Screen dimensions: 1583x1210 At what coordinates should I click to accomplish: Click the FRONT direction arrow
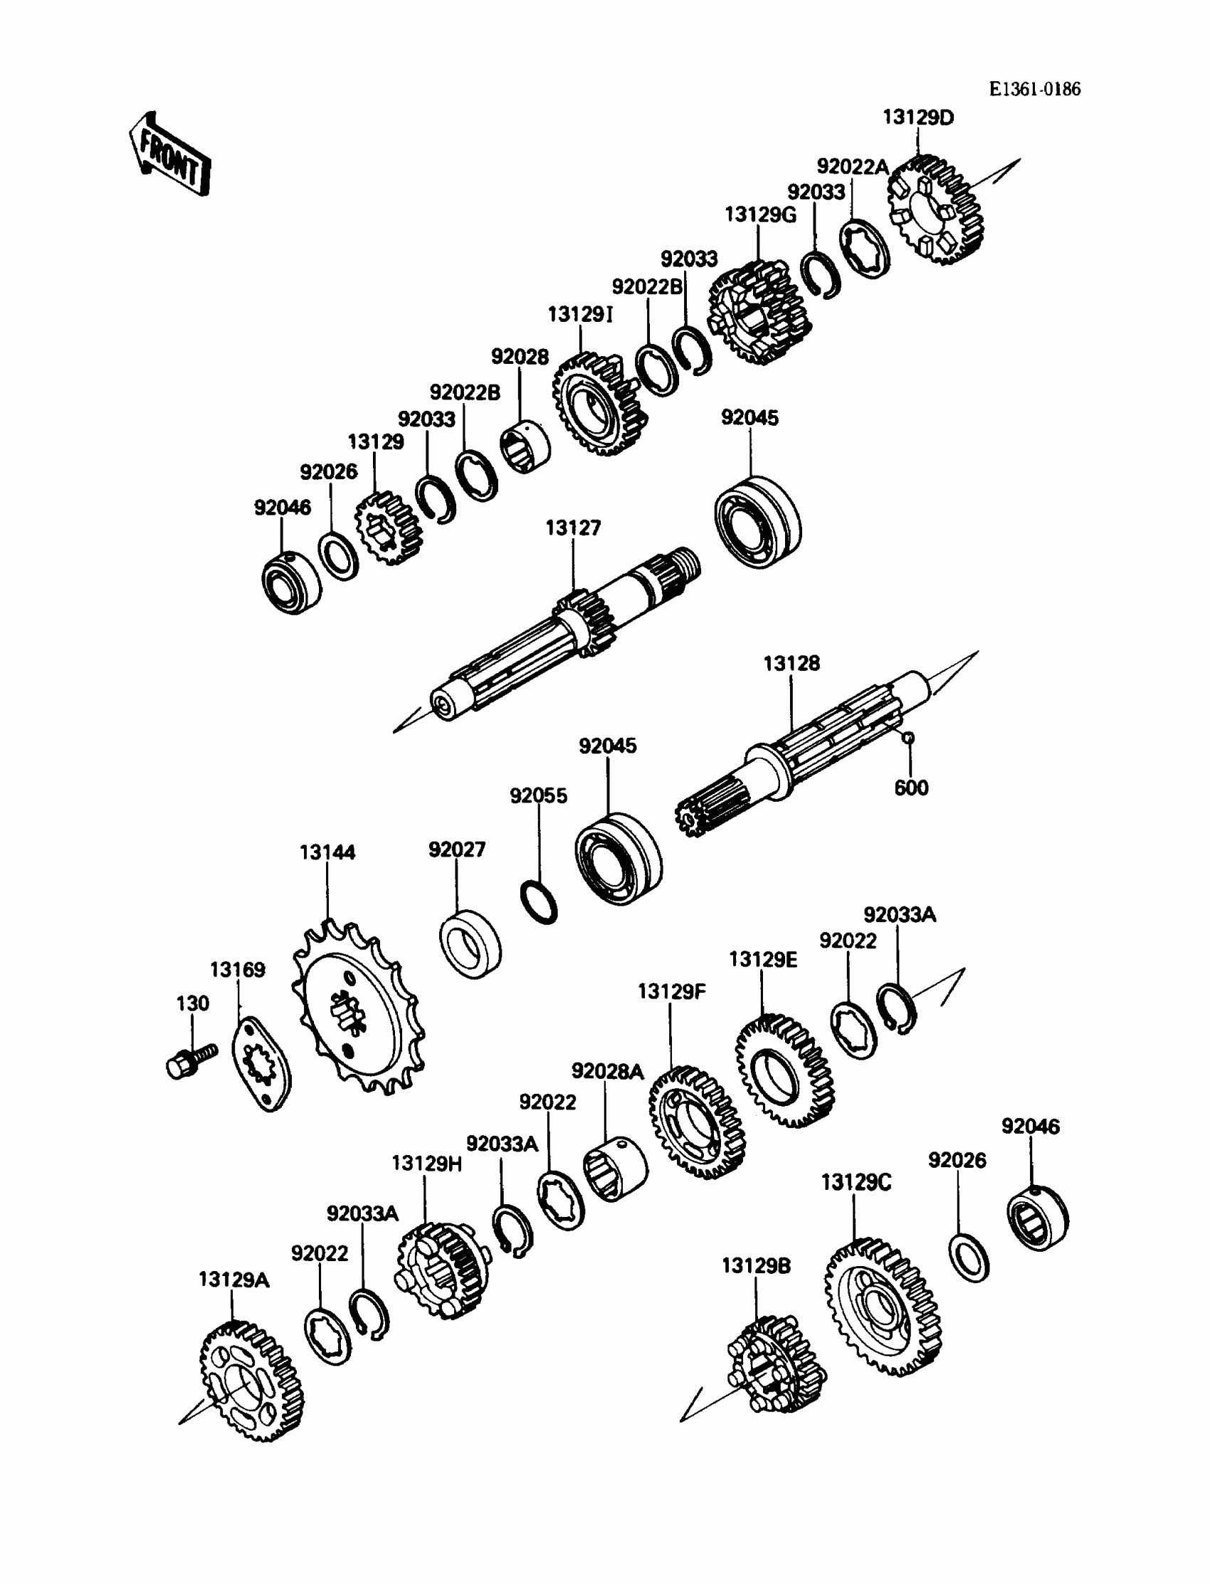[x=171, y=156]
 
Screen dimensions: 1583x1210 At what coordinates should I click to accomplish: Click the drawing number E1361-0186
[x=1034, y=89]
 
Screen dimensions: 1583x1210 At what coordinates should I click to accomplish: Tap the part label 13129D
[x=918, y=117]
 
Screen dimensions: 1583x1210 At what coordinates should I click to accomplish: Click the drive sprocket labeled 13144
[x=358, y=1008]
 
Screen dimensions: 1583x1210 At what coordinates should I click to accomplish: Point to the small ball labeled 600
[x=909, y=736]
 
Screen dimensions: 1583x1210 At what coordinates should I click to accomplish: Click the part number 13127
[x=573, y=528]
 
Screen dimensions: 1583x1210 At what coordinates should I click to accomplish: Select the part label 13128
[x=791, y=664]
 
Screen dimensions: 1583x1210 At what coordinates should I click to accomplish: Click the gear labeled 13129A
[x=251, y=1381]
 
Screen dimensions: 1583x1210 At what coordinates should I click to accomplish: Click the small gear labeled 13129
[x=389, y=529]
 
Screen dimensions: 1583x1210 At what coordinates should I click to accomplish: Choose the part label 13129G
[x=761, y=215]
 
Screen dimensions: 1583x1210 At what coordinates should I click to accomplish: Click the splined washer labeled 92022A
[x=865, y=249]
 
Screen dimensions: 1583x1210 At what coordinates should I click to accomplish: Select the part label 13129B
[x=756, y=1265]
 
